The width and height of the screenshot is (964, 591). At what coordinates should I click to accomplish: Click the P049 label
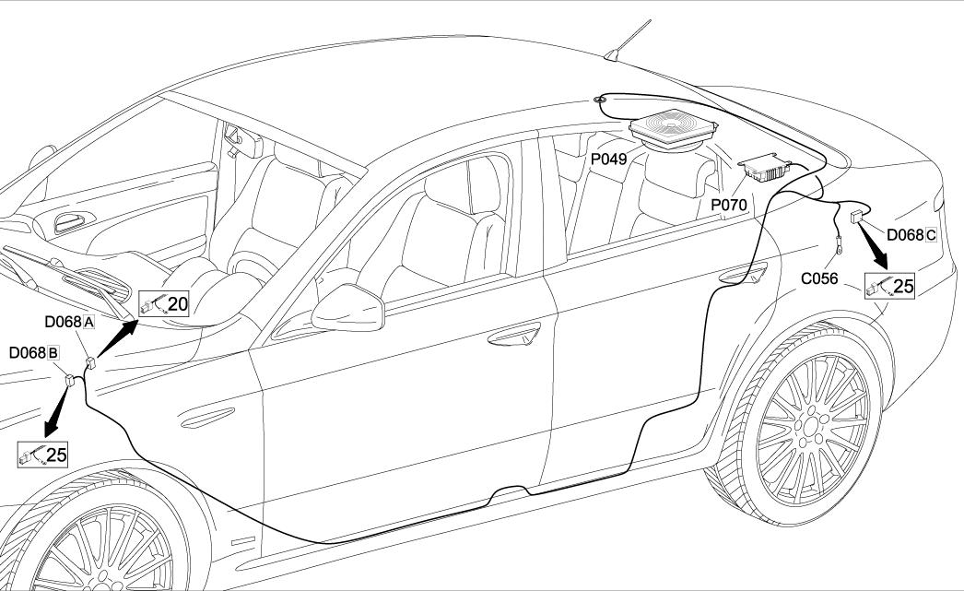[x=608, y=159]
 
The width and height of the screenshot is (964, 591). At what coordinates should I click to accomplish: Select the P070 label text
[x=728, y=203]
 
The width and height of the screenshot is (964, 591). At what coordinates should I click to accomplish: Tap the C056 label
[x=819, y=278]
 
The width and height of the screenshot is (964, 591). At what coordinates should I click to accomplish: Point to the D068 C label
[x=911, y=234]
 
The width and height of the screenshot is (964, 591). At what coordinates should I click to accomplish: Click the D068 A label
[x=70, y=323]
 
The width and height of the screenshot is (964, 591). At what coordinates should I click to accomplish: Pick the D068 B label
[x=34, y=353]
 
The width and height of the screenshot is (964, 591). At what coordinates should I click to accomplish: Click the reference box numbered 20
[x=164, y=302]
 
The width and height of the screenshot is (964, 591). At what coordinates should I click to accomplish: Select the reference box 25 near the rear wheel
[x=890, y=286]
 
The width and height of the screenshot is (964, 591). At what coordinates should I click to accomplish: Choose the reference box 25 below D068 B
[x=42, y=454]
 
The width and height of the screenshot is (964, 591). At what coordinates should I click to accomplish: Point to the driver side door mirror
[x=347, y=308]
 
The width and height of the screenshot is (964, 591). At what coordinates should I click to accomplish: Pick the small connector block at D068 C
[x=856, y=218]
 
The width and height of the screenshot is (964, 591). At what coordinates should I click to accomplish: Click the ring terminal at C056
[x=841, y=245]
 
